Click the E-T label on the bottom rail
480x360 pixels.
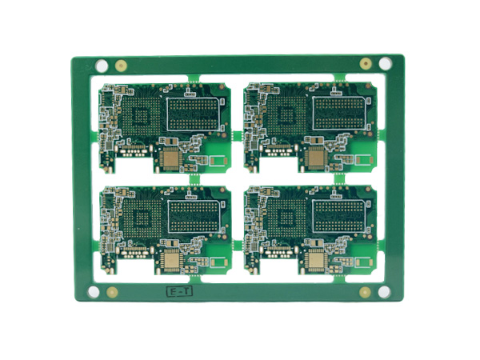(x=178, y=292)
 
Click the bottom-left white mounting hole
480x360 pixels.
(x=95, y=293)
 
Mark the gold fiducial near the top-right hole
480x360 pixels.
(x=365, y=63)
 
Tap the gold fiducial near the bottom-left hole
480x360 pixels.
(x=114, y=293)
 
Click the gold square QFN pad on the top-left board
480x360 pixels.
(x=170, y=158)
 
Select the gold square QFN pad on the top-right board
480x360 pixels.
(x=316, y=158)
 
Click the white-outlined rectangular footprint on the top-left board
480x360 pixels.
(x=194, y=111)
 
